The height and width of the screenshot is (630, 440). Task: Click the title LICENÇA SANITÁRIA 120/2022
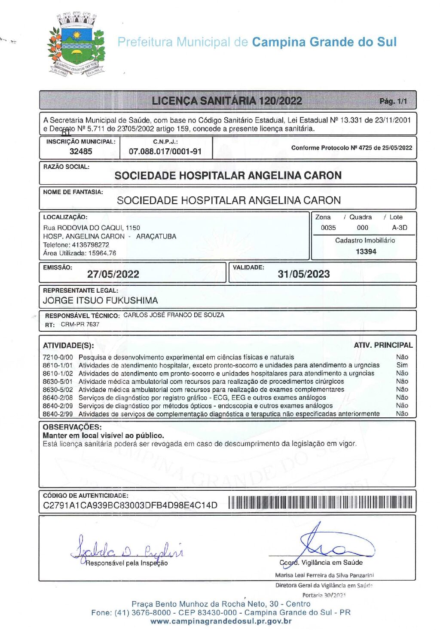227,101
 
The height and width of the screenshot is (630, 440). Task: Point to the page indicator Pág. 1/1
393,101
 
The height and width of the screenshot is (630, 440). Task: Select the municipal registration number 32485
81,151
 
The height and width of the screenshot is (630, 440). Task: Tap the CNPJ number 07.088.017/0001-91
165,151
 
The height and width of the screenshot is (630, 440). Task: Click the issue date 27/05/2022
113,274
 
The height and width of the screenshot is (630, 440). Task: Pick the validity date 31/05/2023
304,274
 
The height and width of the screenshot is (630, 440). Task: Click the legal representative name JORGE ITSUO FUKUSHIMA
101,300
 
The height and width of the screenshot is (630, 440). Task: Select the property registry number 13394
366,251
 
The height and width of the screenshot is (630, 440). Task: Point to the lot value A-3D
400,228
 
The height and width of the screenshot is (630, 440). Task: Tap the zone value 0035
328,228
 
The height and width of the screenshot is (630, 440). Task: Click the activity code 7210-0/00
58,357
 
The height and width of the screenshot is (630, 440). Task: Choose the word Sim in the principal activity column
402,365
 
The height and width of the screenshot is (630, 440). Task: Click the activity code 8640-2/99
58,414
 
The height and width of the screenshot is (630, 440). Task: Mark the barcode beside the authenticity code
320,502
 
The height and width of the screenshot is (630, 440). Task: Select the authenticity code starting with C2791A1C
130,505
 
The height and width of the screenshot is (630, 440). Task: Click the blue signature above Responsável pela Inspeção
127,548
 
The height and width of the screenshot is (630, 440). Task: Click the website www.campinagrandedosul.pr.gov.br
221,621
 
